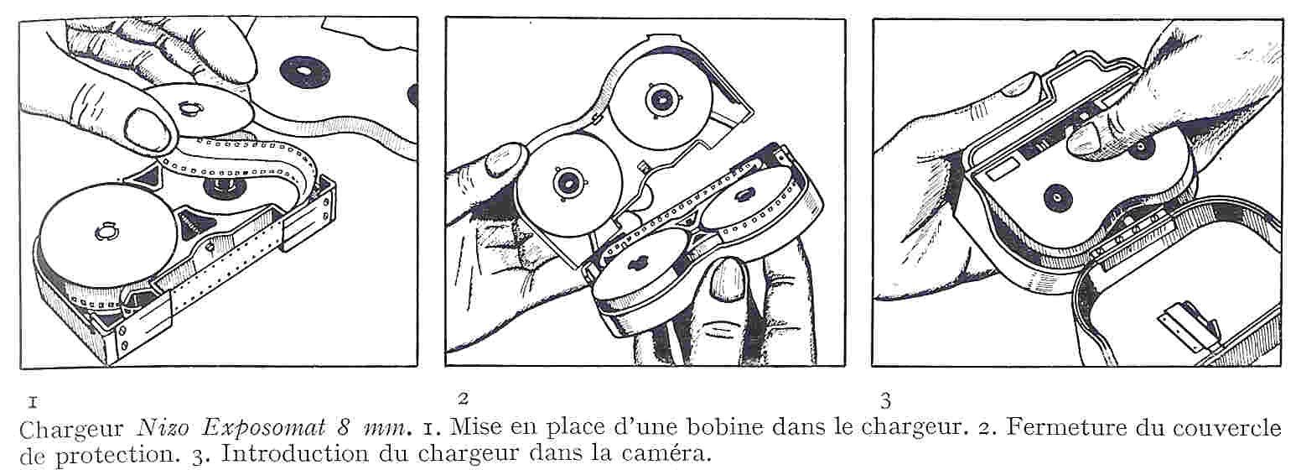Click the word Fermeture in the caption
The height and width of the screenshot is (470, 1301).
[1069, 428]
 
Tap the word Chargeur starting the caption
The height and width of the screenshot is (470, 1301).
[71, 430]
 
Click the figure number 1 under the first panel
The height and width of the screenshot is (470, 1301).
[33, 402]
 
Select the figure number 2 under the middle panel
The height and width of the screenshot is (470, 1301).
[463, 399]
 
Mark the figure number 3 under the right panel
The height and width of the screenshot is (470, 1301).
[885, 401]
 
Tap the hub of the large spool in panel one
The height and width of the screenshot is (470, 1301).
[107, 232]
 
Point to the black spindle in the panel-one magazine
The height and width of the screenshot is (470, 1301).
[225, 186]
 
